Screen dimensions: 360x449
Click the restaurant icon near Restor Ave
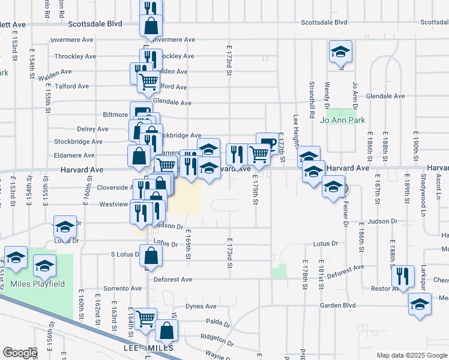pos(403,275)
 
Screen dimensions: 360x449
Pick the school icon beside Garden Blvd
pos(420,304)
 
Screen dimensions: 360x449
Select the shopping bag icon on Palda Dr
pos(166,330)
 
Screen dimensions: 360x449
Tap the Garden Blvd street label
pos(337,305)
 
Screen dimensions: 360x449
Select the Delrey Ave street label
pos(92,129)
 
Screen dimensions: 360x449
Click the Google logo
pos(20,353)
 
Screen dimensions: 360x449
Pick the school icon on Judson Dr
pos(65,227)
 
